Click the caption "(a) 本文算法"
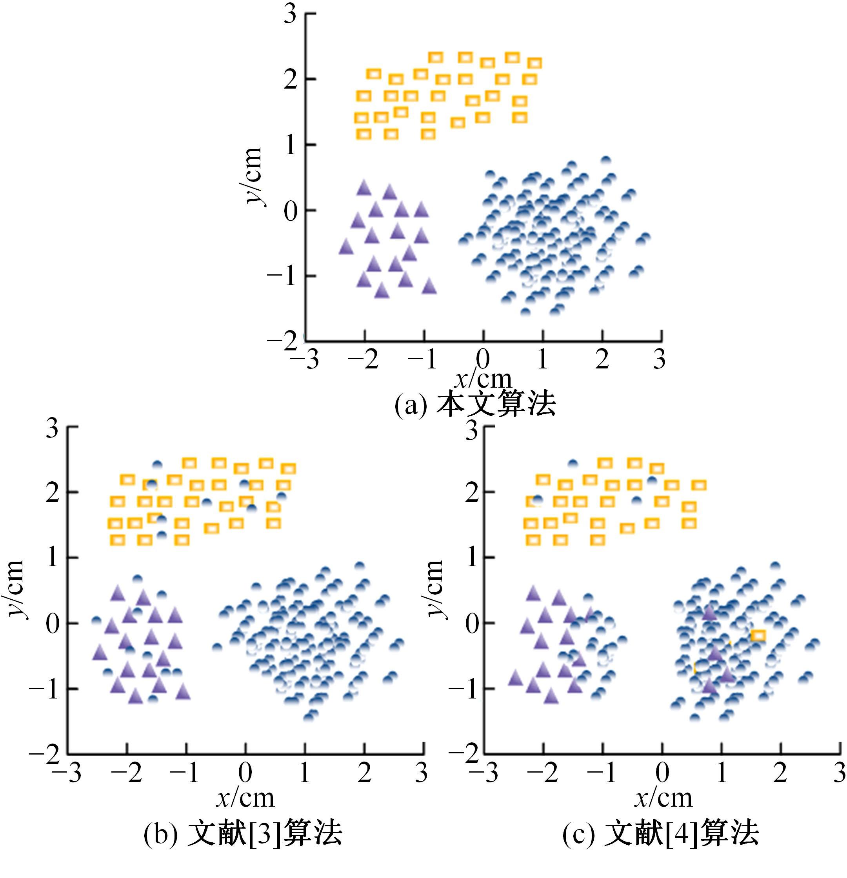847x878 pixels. (x=475, y=405)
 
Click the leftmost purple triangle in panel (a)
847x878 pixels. (x=346, y=247)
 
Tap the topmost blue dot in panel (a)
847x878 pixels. (x=606, y=160)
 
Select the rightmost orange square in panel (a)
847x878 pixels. (x=534, y=63)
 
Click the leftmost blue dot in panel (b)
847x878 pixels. (x=96, y=620)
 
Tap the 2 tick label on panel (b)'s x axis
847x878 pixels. (x=364, y=772)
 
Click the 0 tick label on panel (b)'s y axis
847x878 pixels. (x=53, y=623)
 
